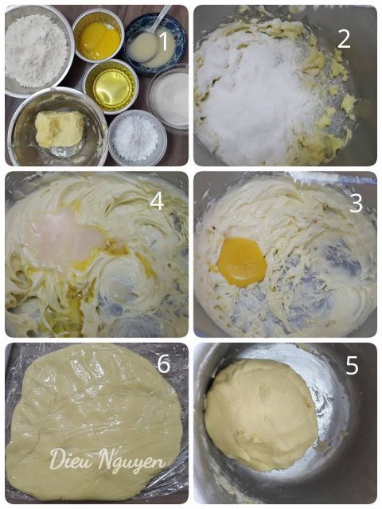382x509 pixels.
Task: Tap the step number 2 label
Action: point(344,39)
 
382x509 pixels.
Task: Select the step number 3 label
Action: point(356,203)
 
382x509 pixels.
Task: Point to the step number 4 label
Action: point(157,201)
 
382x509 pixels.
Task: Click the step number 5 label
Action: point(352,365)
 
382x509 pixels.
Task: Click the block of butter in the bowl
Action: point(59,129)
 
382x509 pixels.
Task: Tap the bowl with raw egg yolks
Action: point(98,35)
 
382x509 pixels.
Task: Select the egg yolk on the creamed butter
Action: point(242,262)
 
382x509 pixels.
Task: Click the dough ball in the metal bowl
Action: point(261,415)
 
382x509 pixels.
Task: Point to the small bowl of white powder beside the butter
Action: point(137,138)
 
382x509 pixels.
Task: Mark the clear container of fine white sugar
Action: point(169,98)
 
